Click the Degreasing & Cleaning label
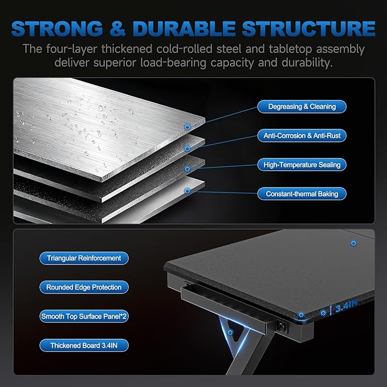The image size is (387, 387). coord(302,107)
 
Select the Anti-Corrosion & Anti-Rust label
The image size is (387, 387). coord(302,136)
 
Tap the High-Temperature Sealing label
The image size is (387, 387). coord(302,165)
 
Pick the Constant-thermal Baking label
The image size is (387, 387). coord(302,194)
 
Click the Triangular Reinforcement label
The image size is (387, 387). coord(84,258)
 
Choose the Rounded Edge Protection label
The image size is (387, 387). coord(84,287)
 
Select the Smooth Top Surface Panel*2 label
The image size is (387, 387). coord(84,316)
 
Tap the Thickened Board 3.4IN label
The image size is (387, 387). coord(84,345)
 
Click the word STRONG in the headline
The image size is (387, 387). coord(57,28)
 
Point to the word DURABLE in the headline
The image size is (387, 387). coord(184,28)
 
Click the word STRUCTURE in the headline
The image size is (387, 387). coord(308,28)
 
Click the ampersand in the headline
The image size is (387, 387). coord(118,28)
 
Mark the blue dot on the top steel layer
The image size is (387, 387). coord(188,127)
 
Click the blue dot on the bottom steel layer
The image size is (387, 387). coord(188,191)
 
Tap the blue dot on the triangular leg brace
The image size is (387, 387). coord(230,332)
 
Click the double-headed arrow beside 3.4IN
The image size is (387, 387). coord(331,310)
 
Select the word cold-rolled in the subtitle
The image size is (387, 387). coord(184,49)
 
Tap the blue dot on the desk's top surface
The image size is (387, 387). coord(353,243)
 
